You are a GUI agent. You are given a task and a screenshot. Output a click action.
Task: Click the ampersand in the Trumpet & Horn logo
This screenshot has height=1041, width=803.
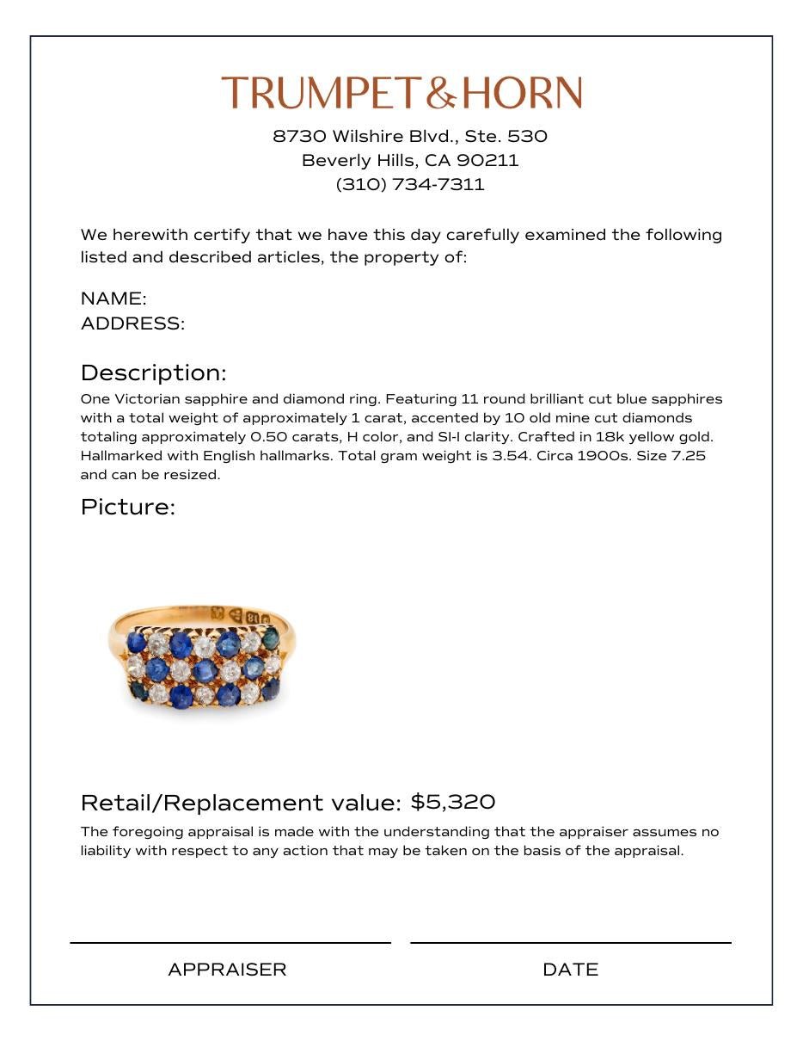pyautogui.click(x=440, y=93)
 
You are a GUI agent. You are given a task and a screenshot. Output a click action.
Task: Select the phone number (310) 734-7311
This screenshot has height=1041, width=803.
pyautogui.click(x=410, y=184)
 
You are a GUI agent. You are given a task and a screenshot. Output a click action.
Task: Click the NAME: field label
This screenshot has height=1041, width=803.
pyautogui.click(x=113, y=299)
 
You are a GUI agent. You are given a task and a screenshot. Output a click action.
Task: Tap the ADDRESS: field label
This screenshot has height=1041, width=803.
pyautogui.click(x=132, y=323)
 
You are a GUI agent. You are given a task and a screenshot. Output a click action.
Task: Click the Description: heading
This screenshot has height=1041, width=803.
pyautogui.click(x=153, y=373)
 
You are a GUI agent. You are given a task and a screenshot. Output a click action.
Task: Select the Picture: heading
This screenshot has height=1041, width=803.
pyautogui.click(x=127, y=507)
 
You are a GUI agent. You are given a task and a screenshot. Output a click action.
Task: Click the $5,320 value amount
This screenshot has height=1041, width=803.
pyautogui.click(x=452, y=802)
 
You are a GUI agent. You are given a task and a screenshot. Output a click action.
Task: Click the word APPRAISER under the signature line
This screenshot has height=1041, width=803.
pyautogui.click(x=227, y=970)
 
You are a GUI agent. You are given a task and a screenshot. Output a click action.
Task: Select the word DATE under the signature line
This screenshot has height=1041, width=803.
pyautogui.click(x=570, y=970)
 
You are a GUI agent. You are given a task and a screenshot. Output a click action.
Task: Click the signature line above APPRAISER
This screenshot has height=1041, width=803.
pyautogui.click(x=230, y=943)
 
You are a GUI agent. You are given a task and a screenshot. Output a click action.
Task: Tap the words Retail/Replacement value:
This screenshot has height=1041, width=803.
pyautogui.click(x=241, y=803)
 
